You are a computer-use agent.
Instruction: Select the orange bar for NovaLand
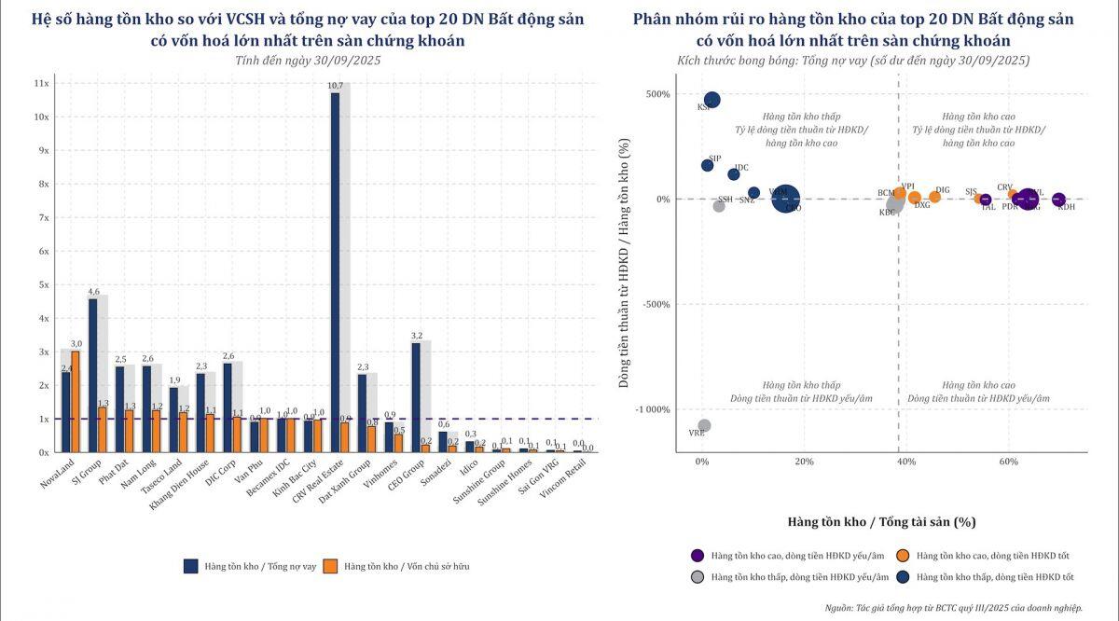pyautogui.click(x=76, y=402)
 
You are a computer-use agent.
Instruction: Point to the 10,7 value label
pyautogui.click(x=335, y=86)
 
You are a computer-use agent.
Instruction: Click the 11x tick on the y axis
pyautogui.click(x=41, y=83)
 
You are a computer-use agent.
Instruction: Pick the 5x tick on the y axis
pyautogui.click(x=43, y=284)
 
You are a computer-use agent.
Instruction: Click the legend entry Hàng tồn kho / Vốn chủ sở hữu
pyautogui.click(x=404, y=566)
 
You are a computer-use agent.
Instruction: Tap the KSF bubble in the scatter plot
pyautogui.click(x=711, y=100)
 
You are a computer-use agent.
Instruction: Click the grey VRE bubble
pyautogui.click(x=704, y=425)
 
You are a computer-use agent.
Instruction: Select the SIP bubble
pyautogui.click(x=707, y=165)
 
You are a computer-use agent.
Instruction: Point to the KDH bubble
pyautogui.click(x=1058, y=199)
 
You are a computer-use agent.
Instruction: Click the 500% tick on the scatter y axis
pyautogui.click(x=656, y=94)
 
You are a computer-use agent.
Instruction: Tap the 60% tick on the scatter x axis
pyautogui.click(x=1008, y=462)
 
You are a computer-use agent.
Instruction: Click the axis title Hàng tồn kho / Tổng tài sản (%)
pyautogui.click(x=881, y=522)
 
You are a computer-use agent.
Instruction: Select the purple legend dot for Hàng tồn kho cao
pyautogui.click(x=697, y=556)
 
